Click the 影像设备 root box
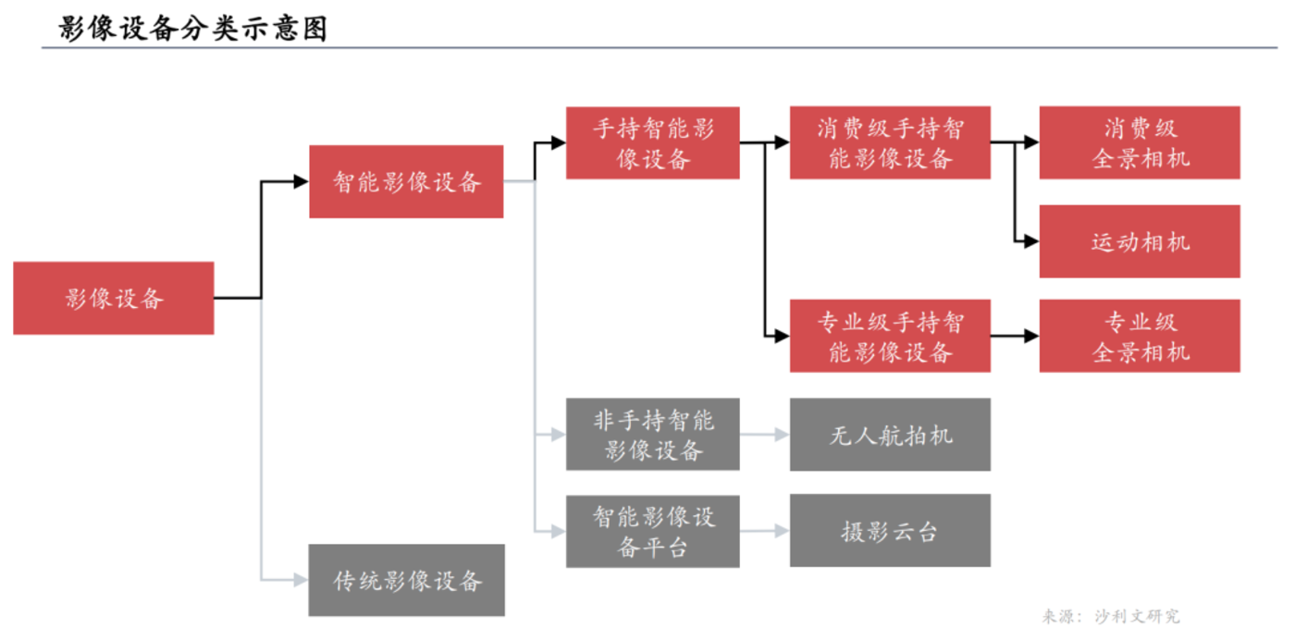114,298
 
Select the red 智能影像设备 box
406,182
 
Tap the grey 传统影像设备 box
406,580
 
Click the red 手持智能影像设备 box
653,142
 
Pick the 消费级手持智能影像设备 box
890,142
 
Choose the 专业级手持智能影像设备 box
890,336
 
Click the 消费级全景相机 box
1140,142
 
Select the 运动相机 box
1140,241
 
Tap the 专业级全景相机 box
1140,336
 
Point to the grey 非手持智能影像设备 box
653,435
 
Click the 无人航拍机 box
890,435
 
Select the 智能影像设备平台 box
653,531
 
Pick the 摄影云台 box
890,531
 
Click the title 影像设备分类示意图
193,28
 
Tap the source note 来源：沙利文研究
1111,616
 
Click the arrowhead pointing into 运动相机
1031,241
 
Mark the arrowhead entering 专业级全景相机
1031,336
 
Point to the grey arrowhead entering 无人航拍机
782,435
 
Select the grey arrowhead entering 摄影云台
782,531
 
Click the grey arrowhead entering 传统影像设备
301,580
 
